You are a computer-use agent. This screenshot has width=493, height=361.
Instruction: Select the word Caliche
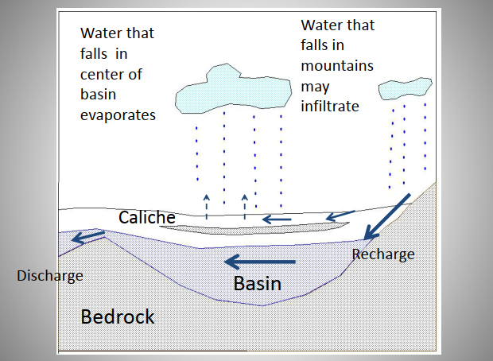[146, 216]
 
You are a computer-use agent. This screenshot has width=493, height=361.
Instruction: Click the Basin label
[257, 282]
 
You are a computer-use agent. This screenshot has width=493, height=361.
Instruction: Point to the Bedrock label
[118, 317]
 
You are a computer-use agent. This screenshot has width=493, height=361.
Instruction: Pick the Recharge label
[383, 254]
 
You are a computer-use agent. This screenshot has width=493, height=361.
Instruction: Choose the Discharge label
[49, 276]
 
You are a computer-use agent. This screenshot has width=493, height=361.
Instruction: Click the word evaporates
[118, 115]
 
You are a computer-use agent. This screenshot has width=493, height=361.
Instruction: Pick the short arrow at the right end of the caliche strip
[340, 214]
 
